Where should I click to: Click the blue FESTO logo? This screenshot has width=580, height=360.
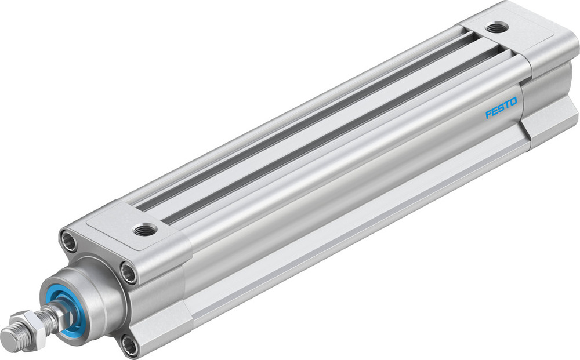pyautogui.click(x=501, y=108)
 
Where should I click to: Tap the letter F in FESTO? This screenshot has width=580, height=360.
pyautogui.click(x=488, y=114)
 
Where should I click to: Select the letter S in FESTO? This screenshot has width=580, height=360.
pyautogui.click(x=501, y=108)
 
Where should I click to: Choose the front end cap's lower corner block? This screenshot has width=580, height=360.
pyautogui.click(x=162, y=330)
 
